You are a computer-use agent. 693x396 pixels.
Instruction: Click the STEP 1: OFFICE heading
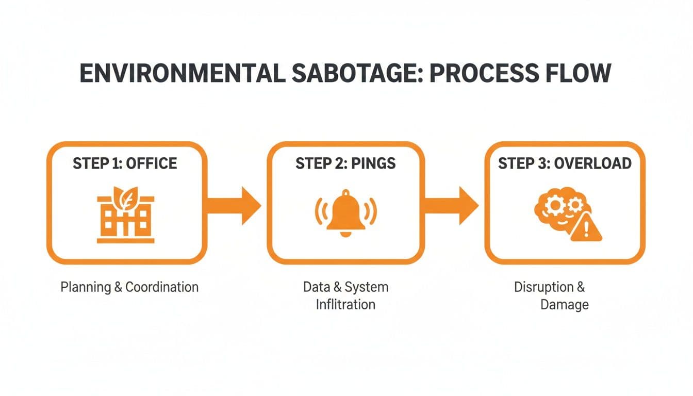click(125, 163)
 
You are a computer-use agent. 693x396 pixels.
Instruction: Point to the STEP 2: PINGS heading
click(345, 163)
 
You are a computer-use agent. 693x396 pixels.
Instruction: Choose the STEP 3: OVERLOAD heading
click(565, 163)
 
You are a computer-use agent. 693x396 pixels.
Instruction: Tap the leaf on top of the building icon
click(125, 196)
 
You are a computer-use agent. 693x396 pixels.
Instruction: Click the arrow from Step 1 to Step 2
click(235, 205)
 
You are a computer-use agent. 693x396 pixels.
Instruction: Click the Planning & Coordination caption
click(129, 287)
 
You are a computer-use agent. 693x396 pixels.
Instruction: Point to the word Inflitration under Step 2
click(345, 304)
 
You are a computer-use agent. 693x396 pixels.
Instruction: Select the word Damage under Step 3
click(564, 304)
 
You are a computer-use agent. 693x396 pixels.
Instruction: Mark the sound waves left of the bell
click(320, 211)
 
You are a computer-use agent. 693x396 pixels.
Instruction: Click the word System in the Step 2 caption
click(366, 287)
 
